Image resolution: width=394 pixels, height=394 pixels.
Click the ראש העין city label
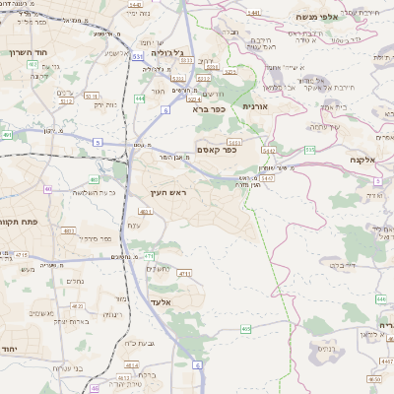[169, 193]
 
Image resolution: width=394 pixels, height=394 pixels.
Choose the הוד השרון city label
[29, 53]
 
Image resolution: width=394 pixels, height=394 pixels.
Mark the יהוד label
[9, 351]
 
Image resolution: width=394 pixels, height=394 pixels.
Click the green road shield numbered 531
[137, 56]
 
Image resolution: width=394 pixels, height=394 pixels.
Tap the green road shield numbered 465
[245, 328]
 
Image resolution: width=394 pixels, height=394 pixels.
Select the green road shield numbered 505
[310, 150]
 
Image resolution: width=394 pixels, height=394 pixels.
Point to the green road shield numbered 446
[380, 298]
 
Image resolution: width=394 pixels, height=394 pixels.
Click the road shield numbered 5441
[255, 14]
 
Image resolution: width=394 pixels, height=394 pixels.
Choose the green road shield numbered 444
[141, 99]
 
